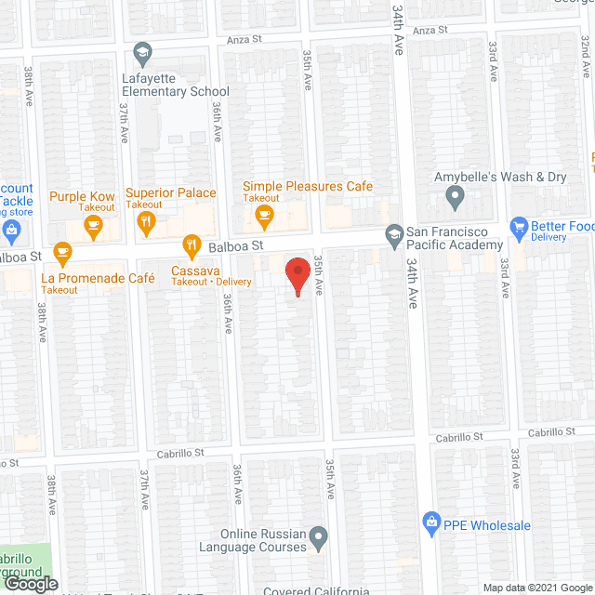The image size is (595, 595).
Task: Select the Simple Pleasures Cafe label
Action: pyautogui.click(x=308, y=187)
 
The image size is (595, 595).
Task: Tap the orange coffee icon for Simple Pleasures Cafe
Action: pyautogui.click(x=264, y=217)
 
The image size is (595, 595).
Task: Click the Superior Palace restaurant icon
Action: pyautogui.click(x=145, y=221)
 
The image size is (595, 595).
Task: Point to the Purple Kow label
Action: pyautogui.click(x=82, y=197)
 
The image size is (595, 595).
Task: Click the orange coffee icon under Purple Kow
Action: pyautogui.click(x=92, y=223)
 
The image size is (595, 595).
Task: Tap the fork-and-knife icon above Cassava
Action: pyautogui.click(x=192, y=246)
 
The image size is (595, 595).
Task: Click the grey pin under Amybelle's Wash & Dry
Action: pyautogui.click(x=455, y=197)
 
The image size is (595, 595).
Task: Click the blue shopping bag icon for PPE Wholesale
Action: pyautogui.click(x=430, y=524)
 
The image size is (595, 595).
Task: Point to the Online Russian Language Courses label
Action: pyautogui.click(x=263, y=541)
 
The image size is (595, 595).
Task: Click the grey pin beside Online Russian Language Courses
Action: pyautogui.click(x=319, y=536)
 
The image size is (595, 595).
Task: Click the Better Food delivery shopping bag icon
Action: pyautogui.click(x=519, y=226)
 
